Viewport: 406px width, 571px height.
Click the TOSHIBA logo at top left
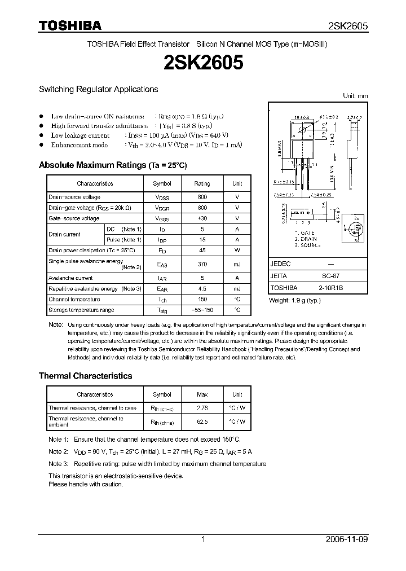tap(70, 25)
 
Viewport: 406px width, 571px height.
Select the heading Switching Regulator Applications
tap(98, 89)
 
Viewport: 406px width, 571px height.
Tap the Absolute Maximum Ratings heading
tap(112, 165)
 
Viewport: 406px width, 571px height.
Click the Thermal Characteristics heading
tap(85, 376)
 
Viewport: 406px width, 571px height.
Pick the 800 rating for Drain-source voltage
tap(202, 197)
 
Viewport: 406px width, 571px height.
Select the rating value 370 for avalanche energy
tap(202, 264)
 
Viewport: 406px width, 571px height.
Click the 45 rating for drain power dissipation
tap(202, 250)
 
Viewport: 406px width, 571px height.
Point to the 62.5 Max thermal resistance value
tap(202, 421)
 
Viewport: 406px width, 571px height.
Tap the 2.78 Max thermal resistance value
tap(202, 407)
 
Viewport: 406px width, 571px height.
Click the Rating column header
tap(202, 183)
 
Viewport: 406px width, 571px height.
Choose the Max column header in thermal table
tap(202, 394)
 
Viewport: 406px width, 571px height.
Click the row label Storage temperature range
tap(81, 310)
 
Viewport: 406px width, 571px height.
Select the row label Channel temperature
tap(74, 299)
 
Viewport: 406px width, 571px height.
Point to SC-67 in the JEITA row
tap(331, 276)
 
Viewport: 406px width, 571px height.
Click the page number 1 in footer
tap(203, 539)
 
